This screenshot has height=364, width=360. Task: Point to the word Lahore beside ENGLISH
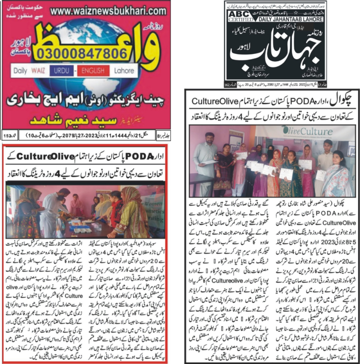point(123,71)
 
